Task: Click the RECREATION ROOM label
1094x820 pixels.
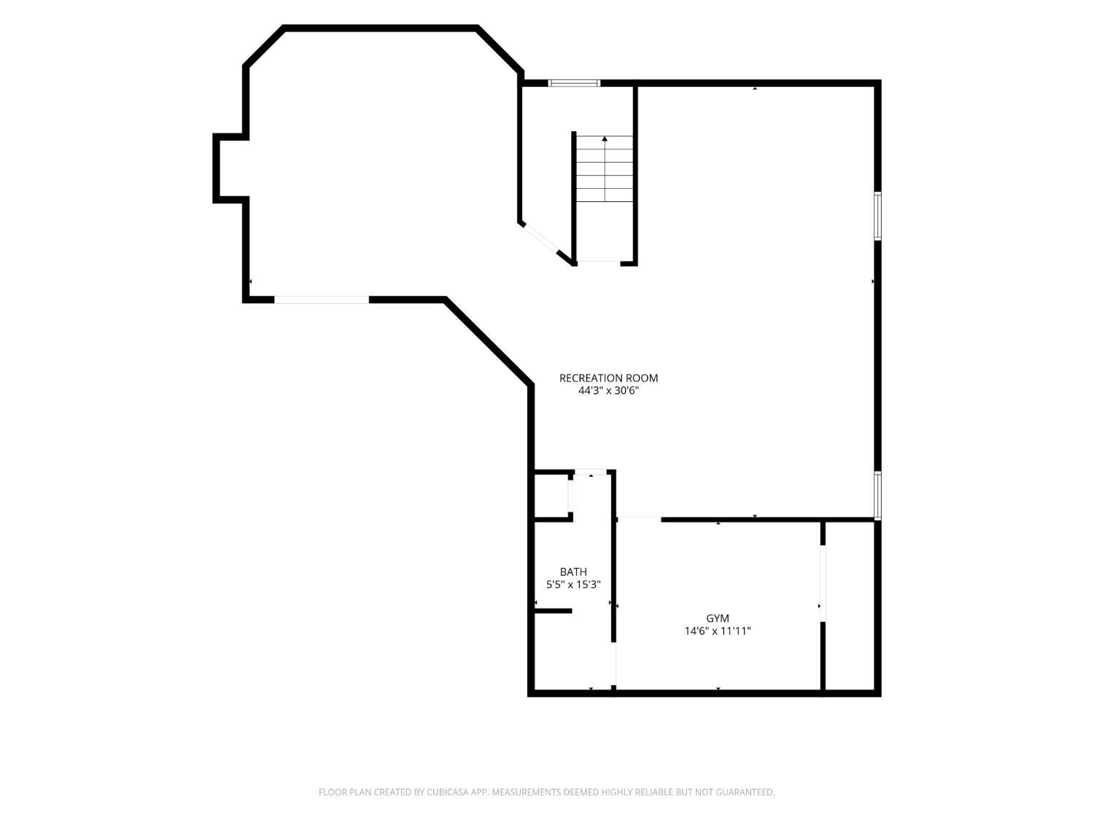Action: pos(608,378)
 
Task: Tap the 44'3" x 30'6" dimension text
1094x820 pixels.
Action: pos(608,391)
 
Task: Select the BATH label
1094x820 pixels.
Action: pos(573,571)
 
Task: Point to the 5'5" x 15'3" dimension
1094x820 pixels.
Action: pos(573,585)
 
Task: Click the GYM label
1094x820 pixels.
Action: pos(717,618)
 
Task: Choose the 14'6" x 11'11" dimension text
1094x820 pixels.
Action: pos(717,631)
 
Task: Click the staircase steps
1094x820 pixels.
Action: pos(605,168)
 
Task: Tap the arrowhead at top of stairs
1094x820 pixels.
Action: pos(605,138)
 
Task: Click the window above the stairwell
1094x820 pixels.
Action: pos(574,82)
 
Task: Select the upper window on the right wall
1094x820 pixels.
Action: pos(877,216)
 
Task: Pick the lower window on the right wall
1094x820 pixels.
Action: pos(877,496)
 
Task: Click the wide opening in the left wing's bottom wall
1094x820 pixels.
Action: pos(322,300)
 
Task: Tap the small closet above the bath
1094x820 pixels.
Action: pos(551,496)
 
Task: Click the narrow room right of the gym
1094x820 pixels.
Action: pos(850,606)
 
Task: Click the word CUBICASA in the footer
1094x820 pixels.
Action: pos(447,792)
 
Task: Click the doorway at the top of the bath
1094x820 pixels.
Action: pos(591,472)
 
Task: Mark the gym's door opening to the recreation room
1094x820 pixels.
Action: pos(640,520)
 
